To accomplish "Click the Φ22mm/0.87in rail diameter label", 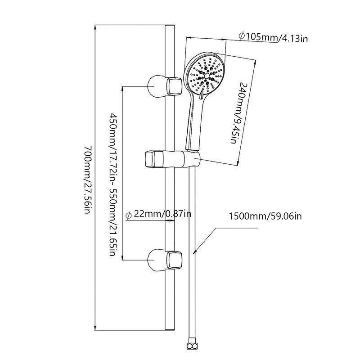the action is [x=158, y=215].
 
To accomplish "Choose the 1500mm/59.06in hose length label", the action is [x=265, y=216].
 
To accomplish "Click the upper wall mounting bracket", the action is [x=165, y=86].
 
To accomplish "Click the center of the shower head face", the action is [x=206, y=76].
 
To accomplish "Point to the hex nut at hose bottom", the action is [x=192, y=351].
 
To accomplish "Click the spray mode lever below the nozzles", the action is [x=201, y=95].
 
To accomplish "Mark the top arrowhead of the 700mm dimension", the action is [x=95, y=27].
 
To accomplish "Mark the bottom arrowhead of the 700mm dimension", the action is [x=95, y=328].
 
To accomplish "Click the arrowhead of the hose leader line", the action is [x=194, y=252].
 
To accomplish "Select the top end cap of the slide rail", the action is [x=170, y=26].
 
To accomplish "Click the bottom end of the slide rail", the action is [x=170, y=330].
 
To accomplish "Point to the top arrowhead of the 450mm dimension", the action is [x=123, y=89].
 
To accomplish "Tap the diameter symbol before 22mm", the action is [x=129, y=216].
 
